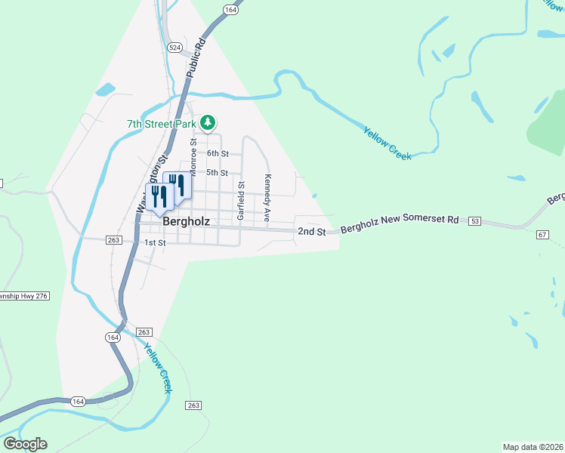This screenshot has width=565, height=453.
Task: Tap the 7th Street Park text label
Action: pos(161,123)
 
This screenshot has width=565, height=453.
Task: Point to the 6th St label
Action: pos(218,153)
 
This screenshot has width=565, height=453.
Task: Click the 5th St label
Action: pos(218,173)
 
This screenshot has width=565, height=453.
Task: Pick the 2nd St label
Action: pos(311,231)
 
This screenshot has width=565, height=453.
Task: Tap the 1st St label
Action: pos(155,242)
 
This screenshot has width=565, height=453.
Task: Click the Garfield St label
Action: pos(241,200)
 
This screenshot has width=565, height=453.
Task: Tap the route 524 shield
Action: pos(175,47)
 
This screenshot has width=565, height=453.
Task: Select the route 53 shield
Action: pos(474,221)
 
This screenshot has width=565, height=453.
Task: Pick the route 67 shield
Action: pos(542,235)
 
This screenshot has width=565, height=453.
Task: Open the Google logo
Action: pos(25,444)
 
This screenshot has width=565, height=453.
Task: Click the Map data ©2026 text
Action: pos(533,446)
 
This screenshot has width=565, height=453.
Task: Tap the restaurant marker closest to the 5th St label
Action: pos(177,184)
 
